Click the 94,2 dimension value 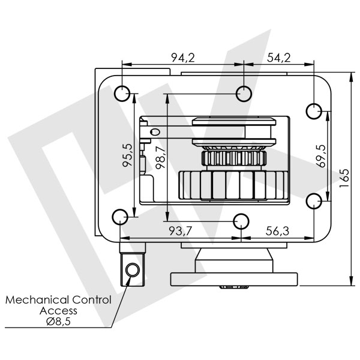tap(183, 58)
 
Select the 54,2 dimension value tap(278, 58)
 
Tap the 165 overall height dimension tap(344, 178)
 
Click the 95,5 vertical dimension tap(127, 155)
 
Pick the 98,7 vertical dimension tap(160, 157)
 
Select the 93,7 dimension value tap(181, 231)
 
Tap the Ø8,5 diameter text tap(58, 322)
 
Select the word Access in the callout tap(58, 311)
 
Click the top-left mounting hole tap(122, 94)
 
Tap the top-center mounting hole tap(244, 92)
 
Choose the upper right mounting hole tap(314, 111)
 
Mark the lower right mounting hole tap(314, 200)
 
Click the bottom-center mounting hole tap(241, 221)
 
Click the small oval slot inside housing tap(155, 131)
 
